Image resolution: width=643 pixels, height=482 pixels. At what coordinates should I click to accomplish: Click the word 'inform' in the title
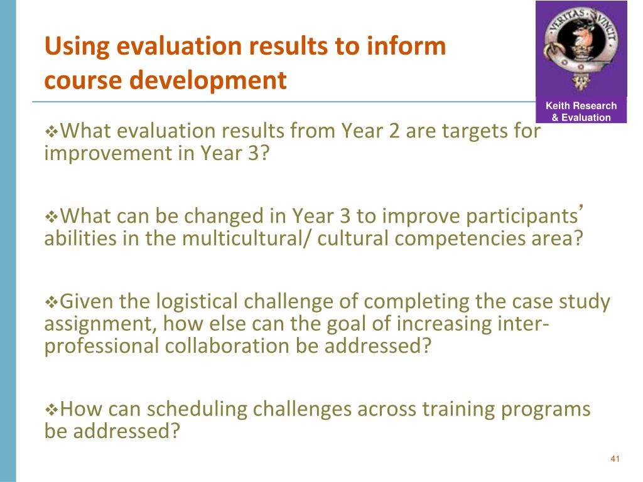(406, 45)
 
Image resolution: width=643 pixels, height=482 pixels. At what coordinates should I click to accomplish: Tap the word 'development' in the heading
(208, 80)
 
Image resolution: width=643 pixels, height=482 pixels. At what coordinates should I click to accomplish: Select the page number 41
(615, 459)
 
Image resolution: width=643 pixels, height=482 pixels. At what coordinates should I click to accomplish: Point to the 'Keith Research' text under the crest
(581, 105)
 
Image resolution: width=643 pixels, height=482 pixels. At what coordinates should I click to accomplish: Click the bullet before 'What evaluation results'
(51, 132)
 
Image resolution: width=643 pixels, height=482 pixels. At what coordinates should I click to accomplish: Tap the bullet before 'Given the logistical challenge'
(51, 303)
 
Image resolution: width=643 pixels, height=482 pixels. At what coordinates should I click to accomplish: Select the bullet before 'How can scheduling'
(51, 410)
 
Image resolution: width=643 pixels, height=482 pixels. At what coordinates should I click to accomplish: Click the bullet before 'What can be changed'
(51, 217)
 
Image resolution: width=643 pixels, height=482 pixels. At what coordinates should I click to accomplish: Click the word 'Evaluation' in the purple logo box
(586, 117)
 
